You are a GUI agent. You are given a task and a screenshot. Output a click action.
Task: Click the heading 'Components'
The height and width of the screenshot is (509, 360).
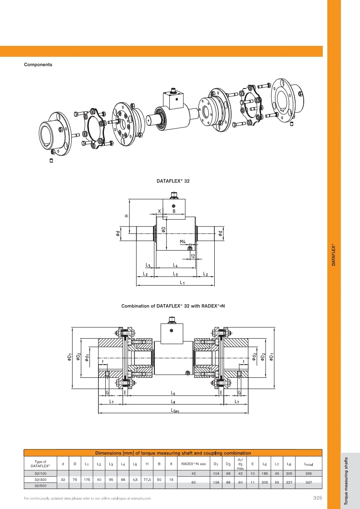(x=38, y=64)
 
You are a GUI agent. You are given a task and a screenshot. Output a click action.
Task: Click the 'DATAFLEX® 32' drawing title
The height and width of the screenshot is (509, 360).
(x=173, y=181)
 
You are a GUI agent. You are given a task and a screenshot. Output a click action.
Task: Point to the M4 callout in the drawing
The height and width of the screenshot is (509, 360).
(x=182, y=242)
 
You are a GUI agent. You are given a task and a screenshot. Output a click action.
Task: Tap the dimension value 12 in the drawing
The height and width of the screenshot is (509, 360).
(x=193, y=256)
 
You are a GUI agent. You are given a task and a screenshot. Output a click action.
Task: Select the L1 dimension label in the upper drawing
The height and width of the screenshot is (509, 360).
(x=182, y=282)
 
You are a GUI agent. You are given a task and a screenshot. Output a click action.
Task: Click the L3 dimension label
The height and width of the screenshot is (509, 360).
(x=175, y=274)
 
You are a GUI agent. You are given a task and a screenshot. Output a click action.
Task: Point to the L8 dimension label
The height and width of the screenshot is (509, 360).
(x=173, y=401)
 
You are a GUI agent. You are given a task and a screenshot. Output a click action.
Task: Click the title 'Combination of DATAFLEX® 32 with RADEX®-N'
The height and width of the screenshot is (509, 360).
(x=173, y=306)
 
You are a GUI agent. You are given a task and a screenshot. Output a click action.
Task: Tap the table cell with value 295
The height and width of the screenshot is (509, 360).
(x=309, y=473)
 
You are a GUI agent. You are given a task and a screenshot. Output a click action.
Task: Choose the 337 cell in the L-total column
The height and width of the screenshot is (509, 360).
(x=309, y=482)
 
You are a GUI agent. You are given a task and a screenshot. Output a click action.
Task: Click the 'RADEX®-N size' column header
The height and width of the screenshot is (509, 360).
(x=193, y=464)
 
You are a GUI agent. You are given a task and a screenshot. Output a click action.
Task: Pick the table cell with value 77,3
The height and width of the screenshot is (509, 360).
(x=147, y=479)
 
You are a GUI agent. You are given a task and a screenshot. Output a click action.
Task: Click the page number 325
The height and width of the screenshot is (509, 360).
(x=317, y=498)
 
